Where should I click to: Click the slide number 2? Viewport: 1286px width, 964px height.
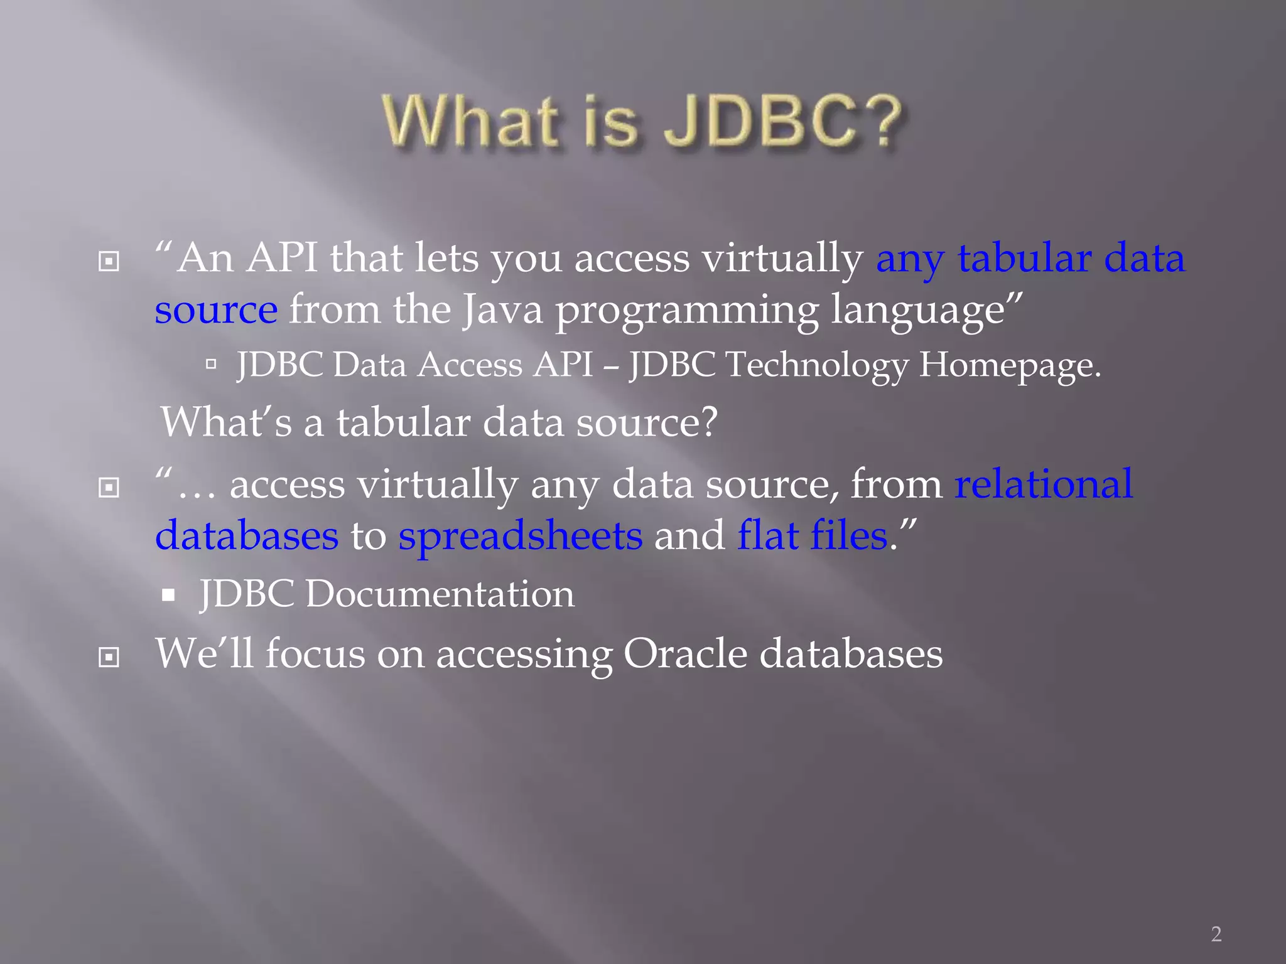coord(1216,934)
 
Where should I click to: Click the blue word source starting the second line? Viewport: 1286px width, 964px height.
coord(216,310)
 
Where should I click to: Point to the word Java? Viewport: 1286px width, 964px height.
coord(502,310)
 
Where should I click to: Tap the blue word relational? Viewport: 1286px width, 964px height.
coord(1044,485)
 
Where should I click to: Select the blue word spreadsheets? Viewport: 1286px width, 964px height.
coord(520,536)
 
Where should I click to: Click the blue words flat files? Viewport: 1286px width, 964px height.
coord(812,536)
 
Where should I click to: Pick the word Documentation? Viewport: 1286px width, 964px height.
coord(440,594)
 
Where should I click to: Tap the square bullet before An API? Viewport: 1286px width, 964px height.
coord(109,261)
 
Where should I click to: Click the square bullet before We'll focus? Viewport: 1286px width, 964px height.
coord(109,657)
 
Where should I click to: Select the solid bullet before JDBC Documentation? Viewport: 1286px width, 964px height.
coord(168,594)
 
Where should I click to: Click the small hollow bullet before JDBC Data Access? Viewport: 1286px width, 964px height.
coord(211,363)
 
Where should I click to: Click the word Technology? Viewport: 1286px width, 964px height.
coord(816,365)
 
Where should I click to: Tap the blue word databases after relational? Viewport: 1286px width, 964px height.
coord(247,536)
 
